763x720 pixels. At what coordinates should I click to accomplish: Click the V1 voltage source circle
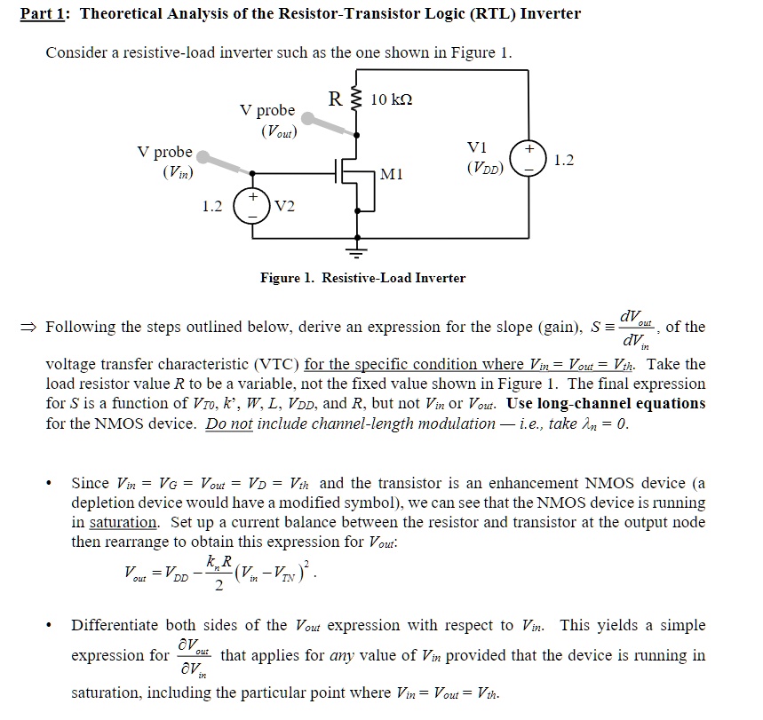point(533,161)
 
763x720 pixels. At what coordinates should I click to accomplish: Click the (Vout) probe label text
point(279,132)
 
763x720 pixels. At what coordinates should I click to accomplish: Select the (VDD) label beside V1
point(484,167)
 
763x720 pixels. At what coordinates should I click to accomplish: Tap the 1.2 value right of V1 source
point(563,161)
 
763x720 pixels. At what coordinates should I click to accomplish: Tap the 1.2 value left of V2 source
point(211,206)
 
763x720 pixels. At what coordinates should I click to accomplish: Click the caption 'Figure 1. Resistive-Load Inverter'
point(362,278)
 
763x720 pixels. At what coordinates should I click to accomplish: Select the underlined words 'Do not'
point(229,423)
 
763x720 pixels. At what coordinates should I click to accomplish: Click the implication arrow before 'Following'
point(32,327)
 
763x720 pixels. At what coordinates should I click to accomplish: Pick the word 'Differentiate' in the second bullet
point(113,626)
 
